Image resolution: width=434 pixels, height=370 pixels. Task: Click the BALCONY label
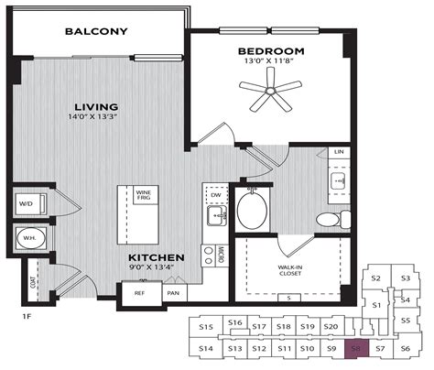tap(96, 32)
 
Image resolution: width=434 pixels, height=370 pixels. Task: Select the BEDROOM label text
tap(270, 51)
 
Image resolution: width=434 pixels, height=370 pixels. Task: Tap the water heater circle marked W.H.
tap(29, 240)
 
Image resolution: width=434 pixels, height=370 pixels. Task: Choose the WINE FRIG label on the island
tap(144, 195)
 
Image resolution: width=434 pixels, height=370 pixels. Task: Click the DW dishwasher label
tap(216, 195)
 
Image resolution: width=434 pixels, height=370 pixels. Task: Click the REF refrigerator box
tap(139, 293)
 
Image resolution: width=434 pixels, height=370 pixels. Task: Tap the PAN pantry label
tap(172, 293)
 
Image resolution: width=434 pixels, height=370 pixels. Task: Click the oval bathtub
tap(252, 209)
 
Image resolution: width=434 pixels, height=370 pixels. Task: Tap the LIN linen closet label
tap(339, 151)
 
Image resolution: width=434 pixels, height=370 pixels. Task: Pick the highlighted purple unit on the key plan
tap(357, 349)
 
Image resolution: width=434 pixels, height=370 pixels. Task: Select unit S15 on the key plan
tap(206, 327)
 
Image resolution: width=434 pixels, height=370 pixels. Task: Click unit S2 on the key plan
tap(375, 278)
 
